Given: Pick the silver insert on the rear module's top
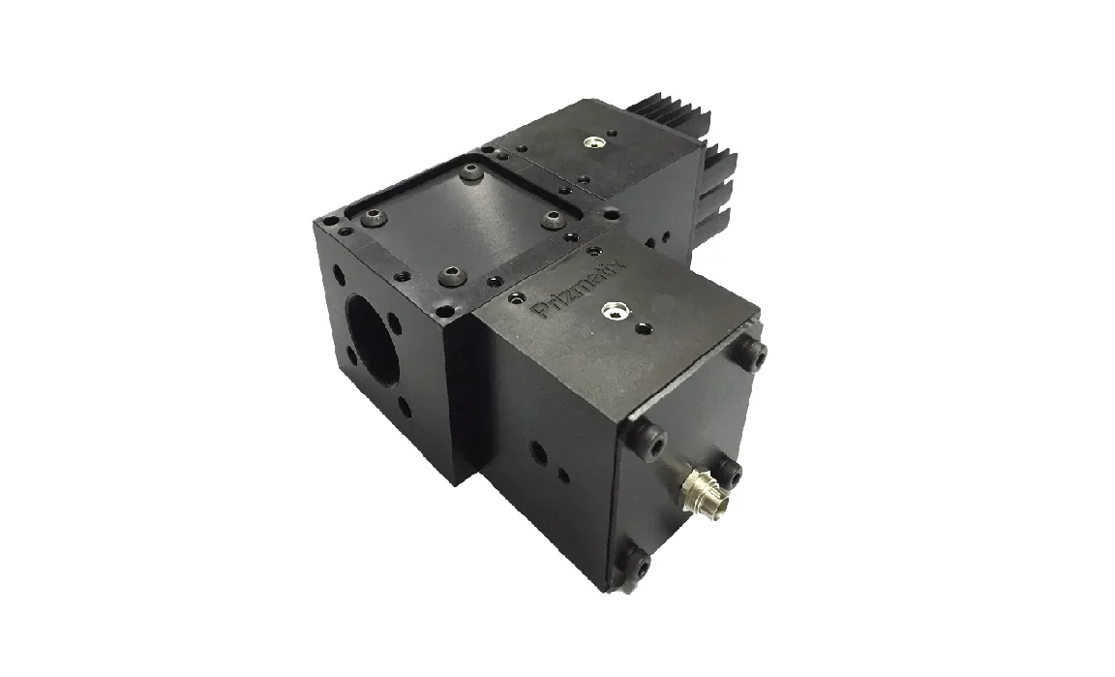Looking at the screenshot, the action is (591, 143).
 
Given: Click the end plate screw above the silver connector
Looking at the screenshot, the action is (728, 471).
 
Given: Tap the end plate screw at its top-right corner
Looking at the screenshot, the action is (753, 352).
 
